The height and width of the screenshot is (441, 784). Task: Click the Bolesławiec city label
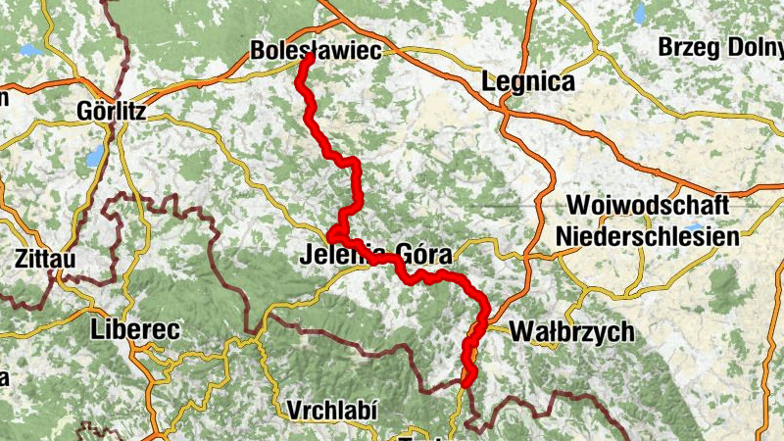(315, 50)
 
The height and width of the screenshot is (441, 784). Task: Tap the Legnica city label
(527, 82)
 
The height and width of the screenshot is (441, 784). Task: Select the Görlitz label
(111, 112)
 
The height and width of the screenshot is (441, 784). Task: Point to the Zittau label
(46, 259)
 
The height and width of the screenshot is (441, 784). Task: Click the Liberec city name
(134, 330)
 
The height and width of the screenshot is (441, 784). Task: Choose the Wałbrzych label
(572, 332)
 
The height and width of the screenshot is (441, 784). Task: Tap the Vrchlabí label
(333, 409)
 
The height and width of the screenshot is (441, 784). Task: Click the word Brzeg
(690, 46)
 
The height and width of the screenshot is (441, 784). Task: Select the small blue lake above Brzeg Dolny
(640, 13)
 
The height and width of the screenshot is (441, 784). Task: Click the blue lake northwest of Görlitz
(31, 49)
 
